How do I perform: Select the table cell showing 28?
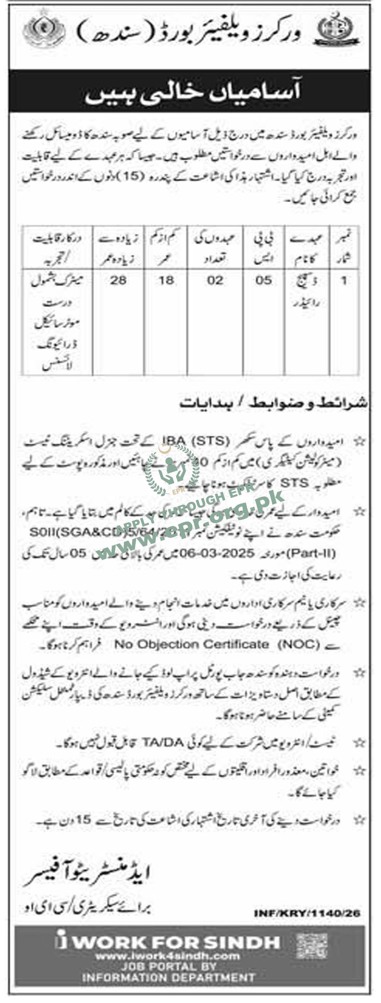pyautogui.click(x=118, y=281)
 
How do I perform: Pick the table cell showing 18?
pyautogui.click(x=166, y=281)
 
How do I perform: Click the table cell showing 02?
pyautogui.click(x=215, y=281)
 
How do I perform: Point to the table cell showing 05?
pyautogui.click(x=264, y=281)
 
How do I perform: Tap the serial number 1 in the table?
pyautogui.click(x=344, y=281)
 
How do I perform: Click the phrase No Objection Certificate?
pyautogui.click(x=191, y=645)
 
